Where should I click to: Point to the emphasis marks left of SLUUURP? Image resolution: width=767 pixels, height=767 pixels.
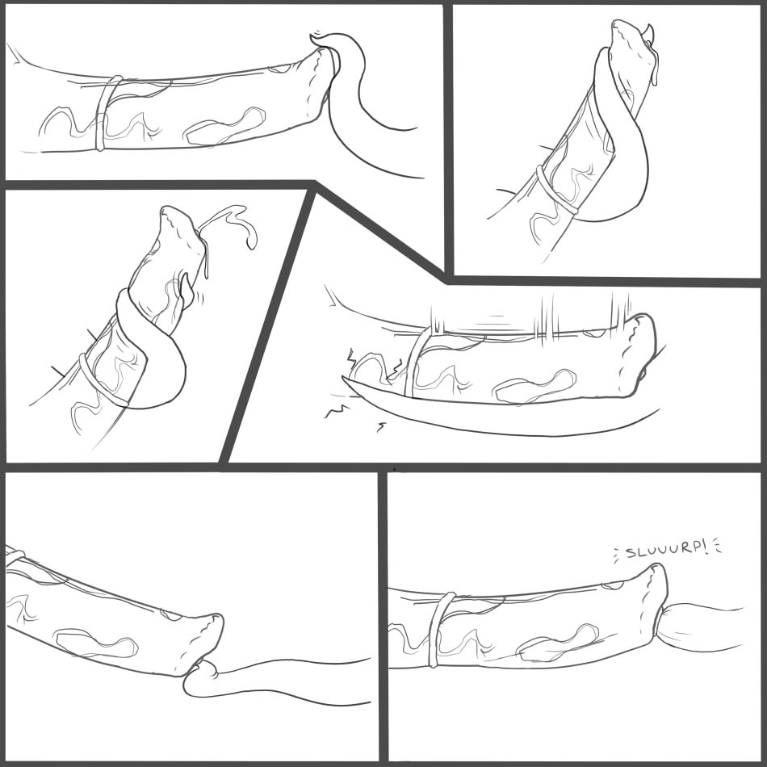(x=618, y=553)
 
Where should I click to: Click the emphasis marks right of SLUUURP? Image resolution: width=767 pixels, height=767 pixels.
(x=717, y=546)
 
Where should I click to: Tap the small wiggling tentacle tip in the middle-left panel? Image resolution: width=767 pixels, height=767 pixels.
(x=187, y=290)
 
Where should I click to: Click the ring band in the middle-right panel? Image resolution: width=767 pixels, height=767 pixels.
(x=417, y=363)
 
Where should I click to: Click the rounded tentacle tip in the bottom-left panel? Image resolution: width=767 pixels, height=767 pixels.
(x=202, y=677)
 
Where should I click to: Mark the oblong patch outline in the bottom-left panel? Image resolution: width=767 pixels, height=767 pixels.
(x=96, y=643)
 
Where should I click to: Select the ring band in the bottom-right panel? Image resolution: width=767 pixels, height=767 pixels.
(x=439, y=630)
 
